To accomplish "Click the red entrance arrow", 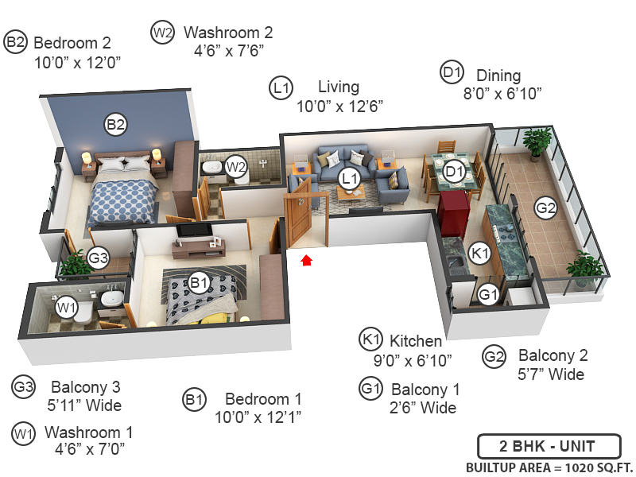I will point(306,258).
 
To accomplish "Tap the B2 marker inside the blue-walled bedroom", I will point(116,124).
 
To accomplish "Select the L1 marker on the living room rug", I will point(348,178).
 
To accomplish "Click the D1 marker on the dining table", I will point(454,170).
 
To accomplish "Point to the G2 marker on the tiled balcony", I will point(545,208).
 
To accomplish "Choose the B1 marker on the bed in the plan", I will point(199,281).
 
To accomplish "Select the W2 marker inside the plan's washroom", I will point(235,167).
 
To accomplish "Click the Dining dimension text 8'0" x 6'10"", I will point(502,93).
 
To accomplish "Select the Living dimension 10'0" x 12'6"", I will point(340,106).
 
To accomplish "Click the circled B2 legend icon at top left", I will point(16,42).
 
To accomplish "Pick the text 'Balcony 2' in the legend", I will point(552,355).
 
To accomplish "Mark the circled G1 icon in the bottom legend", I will point(370,390).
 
